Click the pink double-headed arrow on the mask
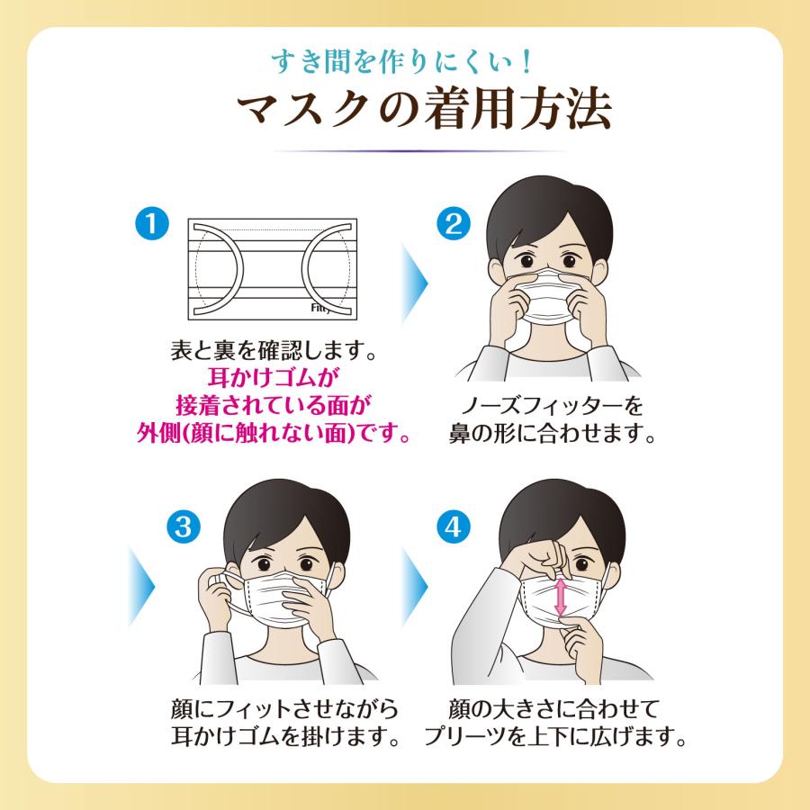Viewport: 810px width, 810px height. [560, 598]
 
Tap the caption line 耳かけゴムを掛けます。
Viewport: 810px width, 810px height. [286, 737]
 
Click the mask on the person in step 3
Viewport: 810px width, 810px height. [270, 598]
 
